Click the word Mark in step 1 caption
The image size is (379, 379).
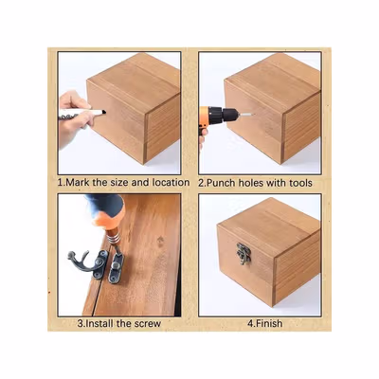pyautogui.click(x=79, y=183)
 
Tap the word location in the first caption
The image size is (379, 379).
pyautogui.click(x=171, y=183)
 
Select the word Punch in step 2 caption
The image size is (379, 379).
pyautogui.click(x=221, y=183)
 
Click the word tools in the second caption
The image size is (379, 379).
pyautogui.click(x=300, y=183)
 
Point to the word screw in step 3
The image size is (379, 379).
pyautogui.click(x=148, y=324)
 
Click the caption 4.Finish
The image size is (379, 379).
pyautogui.click(x=264, y=323)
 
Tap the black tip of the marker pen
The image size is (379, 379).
pyautogui.click(x=103, y=112)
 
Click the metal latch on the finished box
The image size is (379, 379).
pyautogui.click(x=244, y=254)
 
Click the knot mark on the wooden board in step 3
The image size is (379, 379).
pyautogui.click(x=160, y=240)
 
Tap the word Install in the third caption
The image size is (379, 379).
pyautogui.click(x=101, y=324)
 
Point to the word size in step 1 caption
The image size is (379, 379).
pyautogui.click(x=119, y=183)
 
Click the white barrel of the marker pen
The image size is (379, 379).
pyautogui.click(x=80, y=113)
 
